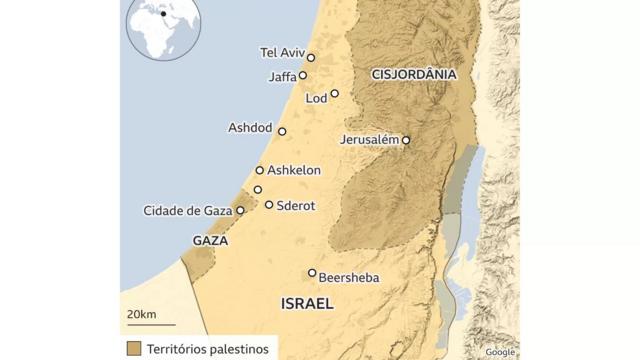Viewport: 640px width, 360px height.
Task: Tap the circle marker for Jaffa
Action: click(303, 75)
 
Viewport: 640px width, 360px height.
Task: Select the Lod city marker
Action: click(335, 94)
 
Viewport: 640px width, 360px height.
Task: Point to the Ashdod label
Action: click(250, 128)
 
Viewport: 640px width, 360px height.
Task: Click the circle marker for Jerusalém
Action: click(406, 140)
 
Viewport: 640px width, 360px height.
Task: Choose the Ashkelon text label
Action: click(294, 170)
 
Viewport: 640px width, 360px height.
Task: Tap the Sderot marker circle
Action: click(269, 204)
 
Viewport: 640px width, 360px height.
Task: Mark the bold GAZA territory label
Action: click(209, 241)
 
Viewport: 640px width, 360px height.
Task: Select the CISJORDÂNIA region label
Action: click(413, 74)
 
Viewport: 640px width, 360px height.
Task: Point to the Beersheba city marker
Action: click(312, 272)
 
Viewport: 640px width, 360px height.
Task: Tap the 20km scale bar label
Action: click(141, 315)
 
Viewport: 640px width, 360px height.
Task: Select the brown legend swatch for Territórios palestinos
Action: click(134, 346)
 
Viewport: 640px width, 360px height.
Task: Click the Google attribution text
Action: click(499, 352)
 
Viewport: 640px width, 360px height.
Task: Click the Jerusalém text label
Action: click(369, 139)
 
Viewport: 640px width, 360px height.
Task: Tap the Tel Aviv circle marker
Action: click(311, 58)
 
